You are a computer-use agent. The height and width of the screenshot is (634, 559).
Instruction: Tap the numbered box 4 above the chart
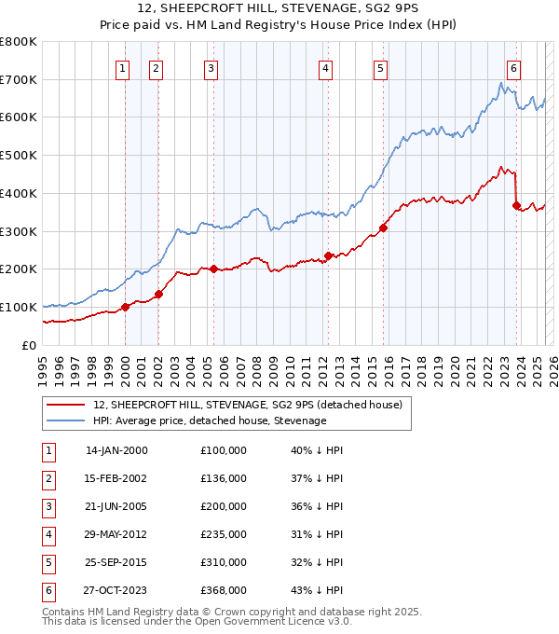[x=325, y=67]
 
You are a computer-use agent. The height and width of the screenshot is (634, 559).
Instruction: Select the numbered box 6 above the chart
[x=513, y=67]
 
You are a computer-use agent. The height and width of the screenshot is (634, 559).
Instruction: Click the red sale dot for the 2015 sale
[x=384, y=227]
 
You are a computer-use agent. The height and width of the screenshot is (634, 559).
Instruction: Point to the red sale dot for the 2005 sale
[x=213, y=269]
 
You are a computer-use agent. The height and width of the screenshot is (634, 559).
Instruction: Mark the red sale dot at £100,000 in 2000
[x=125, y=307]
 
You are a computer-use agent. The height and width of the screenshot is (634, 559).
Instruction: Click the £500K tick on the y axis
[x=19, y=155]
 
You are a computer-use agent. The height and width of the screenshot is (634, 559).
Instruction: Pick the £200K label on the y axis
[x=19, y=269]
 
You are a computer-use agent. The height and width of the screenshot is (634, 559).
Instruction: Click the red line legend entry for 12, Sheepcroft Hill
[x=247, y=405]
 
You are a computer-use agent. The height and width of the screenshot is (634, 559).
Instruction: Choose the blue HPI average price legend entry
[x=210, y=420]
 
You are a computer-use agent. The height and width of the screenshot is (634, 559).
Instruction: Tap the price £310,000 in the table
[x=224, y=562]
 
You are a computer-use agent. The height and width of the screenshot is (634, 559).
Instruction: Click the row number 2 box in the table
[x=48, y=478]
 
